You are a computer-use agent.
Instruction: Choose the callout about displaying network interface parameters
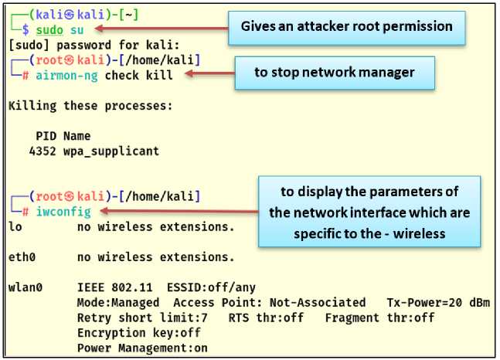(369, 211)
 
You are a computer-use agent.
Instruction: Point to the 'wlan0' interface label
(25, 287)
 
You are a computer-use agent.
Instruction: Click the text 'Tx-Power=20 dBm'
(437, 302)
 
